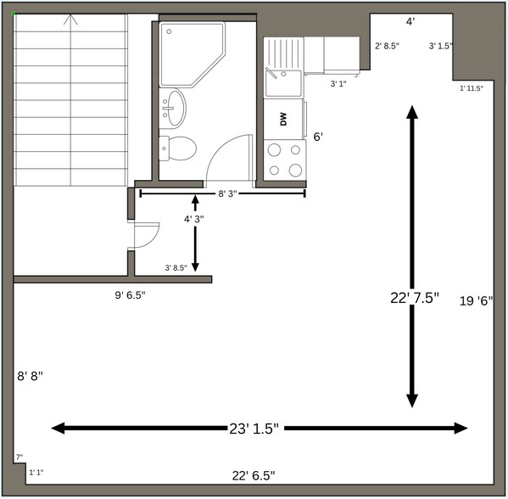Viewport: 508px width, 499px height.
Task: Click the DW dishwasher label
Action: pyautogui.click(x=283, y=120)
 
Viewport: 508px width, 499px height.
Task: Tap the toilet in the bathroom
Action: pyautogui.click(x=179, y=149)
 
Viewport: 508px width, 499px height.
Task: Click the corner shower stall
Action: pyautogui.click(x=192, y=53)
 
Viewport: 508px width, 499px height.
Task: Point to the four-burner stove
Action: pyautogui.click(x=284, y=159)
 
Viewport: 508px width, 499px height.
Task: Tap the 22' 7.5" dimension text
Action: pyautogui.click(x=414, y=298)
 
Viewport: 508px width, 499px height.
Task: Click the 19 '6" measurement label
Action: pyautogui.click(x=476, y=300)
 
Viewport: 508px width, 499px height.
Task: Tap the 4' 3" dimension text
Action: pyautogui.click(x=194, y=219)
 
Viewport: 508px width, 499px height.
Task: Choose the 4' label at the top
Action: pyautogui.click(x=410, y=21)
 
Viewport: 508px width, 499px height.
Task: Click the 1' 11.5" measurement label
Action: pyautogui.click(x=471, y=88)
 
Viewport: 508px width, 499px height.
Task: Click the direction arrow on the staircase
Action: pyautogui.click(x=72, y=19)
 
